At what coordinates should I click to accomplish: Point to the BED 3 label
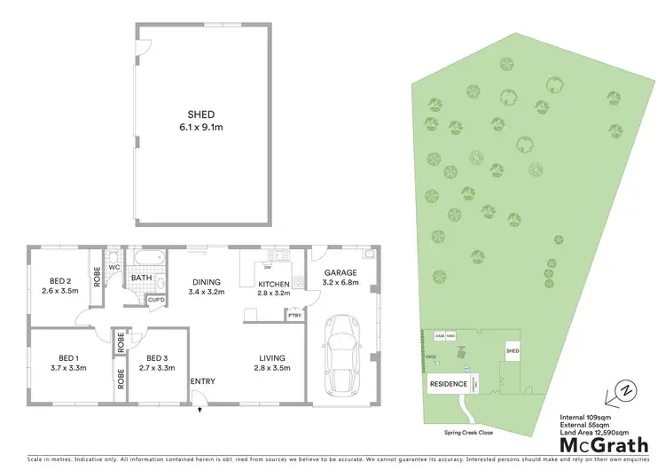point(151,357)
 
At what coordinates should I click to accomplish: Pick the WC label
point(114,267)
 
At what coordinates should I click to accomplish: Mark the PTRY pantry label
point(293,315)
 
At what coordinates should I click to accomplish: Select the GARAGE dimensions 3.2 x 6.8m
point(340,284)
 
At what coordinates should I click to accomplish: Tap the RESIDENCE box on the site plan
point(449,384)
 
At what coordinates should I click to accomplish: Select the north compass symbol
point(627,390)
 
